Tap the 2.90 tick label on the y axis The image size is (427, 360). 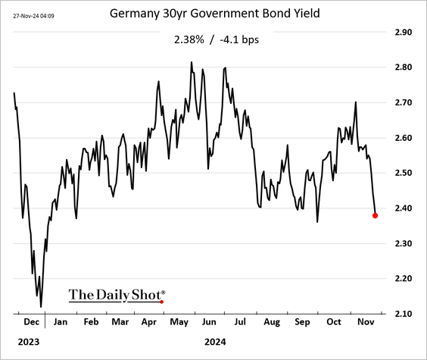click(402, 33)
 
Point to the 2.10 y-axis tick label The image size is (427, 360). click(402, 314)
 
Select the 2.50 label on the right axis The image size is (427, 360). click(402, 173)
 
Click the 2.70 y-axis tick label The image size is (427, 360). click(402, 102)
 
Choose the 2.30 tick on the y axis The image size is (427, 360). click(402, 243)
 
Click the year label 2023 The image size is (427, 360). click(28, 342)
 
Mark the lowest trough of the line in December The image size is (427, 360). click(41, 306)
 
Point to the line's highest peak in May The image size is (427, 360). click(192, 62)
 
